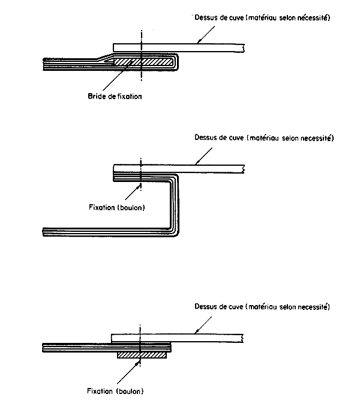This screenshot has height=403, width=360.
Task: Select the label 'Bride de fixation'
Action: click(115, 95)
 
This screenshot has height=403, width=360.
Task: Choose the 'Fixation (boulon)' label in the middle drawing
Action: click(116, 207)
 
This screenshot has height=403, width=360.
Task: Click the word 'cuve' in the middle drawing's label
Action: click(233, 138)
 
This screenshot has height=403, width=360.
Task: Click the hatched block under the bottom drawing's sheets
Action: click(142, 356)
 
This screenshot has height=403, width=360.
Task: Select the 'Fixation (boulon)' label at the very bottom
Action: click(116, 391)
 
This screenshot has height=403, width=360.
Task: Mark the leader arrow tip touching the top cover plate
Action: click(197, 43)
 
